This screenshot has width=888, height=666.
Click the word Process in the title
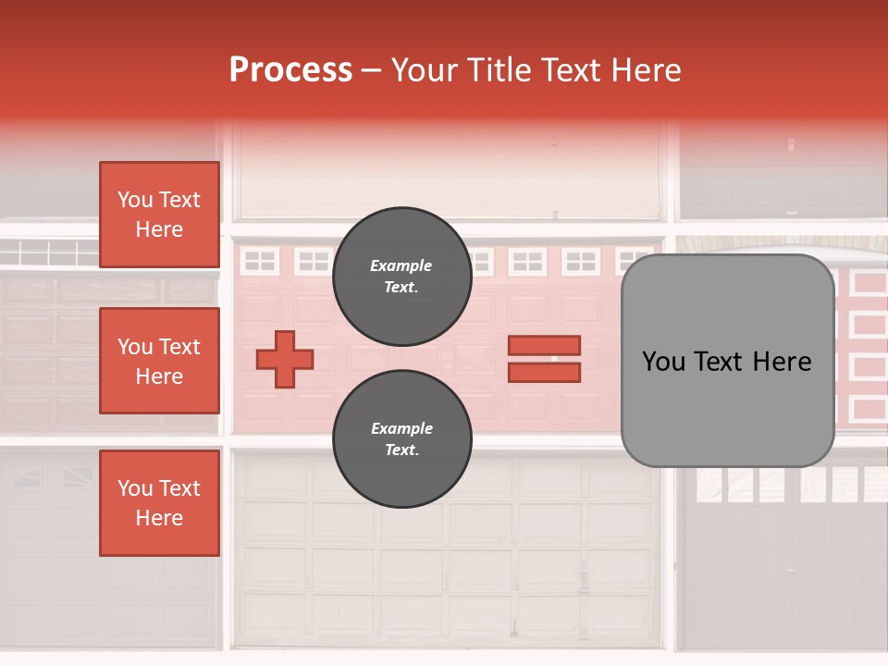click(x=290, y=70)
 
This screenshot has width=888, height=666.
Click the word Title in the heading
click(x=500, y=70)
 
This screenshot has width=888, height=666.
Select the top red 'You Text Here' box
click(x=159, y=215)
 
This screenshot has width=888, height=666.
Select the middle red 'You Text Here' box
click(x=159, y=361)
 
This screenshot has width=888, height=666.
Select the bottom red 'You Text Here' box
click(x=159, y=503)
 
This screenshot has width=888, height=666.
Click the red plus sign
click(x=284, y=359)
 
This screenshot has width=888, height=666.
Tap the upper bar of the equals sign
click(x=544, y=345)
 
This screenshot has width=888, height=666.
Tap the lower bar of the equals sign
click(x=544, y=373)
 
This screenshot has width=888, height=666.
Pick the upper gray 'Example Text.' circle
click(x=401, y=276)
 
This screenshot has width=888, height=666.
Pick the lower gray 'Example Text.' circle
click(x=401, y=438)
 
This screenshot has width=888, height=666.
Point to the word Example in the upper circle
click(x=401, y=265)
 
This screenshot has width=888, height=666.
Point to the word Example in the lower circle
click(x=401, y=428)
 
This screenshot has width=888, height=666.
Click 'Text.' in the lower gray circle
click(x=401, y=450)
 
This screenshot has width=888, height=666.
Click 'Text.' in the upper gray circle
click(x=401, y=288)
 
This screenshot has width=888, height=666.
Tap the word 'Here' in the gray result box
click(x=782, y=362)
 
